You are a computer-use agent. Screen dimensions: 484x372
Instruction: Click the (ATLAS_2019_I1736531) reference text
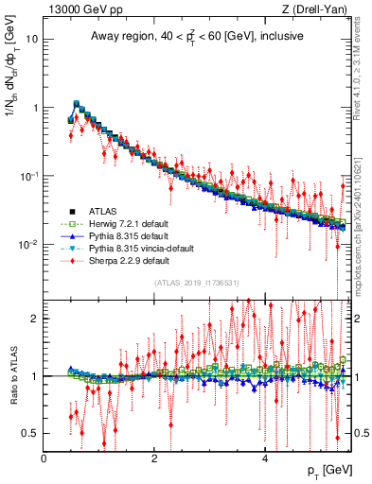(x=196, y=282)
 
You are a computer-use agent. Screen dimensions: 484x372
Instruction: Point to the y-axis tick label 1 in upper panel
(x=34, y=108)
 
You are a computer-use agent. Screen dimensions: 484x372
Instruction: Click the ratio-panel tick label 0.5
(x=30, y=433)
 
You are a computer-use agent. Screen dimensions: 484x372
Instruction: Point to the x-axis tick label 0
(x=44, y=458)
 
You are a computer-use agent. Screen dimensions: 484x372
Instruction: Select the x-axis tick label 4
(x=265, y=458)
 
